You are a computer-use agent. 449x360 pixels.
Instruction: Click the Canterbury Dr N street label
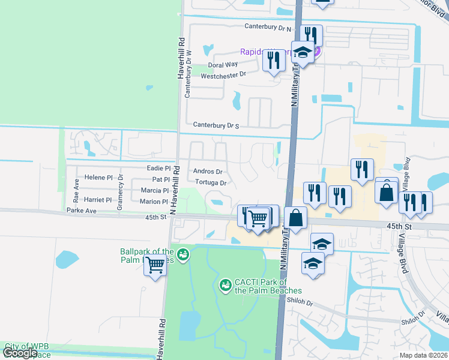268,28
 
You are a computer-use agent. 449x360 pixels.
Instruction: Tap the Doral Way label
223,65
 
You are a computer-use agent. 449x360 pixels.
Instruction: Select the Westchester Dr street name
223,75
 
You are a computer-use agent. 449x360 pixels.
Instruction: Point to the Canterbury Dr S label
216,125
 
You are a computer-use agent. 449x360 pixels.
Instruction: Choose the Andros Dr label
208,172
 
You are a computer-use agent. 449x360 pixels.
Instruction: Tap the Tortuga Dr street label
211,183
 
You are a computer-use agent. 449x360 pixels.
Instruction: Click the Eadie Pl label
159,169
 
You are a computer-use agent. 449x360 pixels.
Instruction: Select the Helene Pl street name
98,178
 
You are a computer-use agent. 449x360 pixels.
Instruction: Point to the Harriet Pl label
98,200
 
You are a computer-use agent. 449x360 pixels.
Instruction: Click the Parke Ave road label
82,211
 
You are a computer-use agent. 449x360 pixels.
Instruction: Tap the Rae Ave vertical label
76,189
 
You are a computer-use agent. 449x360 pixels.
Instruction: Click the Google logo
20,353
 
